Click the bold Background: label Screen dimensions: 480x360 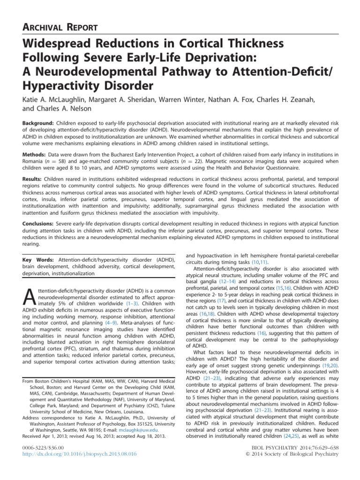(x=39, y=122)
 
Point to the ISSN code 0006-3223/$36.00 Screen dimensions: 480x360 (x=46, y=447)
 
